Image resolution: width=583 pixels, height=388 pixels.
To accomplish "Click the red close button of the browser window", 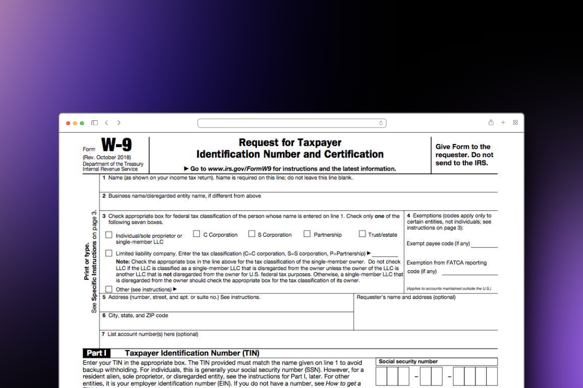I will click(x=68, y=123).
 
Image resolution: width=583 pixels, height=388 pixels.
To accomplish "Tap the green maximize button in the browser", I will click(x=82, y=123).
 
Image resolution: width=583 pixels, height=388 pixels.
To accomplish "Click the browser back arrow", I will click(x=106, y=123).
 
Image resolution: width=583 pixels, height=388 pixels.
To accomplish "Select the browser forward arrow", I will click(x=119, y=123).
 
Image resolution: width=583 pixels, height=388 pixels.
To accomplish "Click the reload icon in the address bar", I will click(x=381, y=123).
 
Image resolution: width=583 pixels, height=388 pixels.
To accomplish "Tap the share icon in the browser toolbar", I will click(x=491, y=123).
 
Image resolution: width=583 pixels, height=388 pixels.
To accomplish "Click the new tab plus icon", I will click(x=503, y=123).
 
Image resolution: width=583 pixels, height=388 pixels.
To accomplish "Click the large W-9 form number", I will click(x=116, y=145).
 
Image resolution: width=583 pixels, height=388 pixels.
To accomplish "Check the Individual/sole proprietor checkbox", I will click(x=109, y=235).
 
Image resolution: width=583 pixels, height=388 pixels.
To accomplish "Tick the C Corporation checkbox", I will click(x=197, y=234).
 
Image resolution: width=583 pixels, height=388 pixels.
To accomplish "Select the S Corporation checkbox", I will click(x=252, y=234).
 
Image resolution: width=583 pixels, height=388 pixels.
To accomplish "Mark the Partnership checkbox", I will click(x=307, y=234).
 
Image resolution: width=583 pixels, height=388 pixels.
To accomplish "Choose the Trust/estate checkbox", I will click(x=362, y=234).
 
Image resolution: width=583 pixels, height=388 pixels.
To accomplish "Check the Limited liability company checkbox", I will click(x=109, y=253).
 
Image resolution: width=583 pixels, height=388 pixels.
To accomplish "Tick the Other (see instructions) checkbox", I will click(x=109, y=289).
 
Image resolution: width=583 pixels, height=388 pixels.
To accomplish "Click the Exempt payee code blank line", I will click(x=484, y=244).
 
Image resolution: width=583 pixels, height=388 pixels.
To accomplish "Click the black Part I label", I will click(x=97, y=353).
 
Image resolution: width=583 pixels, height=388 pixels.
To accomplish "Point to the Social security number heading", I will click(x=408, y=361).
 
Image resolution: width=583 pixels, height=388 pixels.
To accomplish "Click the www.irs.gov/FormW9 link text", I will click(x=240, y=169).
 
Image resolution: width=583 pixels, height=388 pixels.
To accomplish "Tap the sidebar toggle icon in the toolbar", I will click(x=95, y=123).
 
